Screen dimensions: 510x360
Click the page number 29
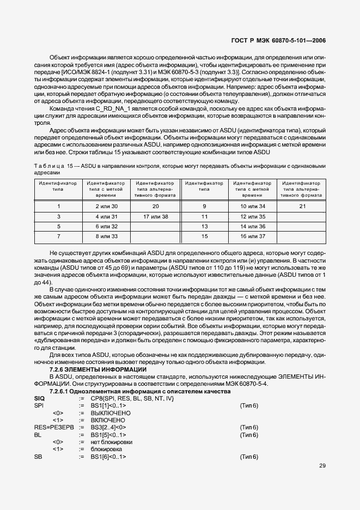pyautogui.click(x=322, y=466)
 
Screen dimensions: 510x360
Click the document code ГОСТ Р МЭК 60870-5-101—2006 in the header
pyautogui.click(x=279, y=40)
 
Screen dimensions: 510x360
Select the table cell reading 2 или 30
pyautogui.click(x=106, y=207)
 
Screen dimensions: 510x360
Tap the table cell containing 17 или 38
pyautogui.click(x=155, y=216)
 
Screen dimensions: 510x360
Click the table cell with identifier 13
pyautogui.click(x=205, y=226)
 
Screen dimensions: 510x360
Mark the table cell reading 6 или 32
pyautogui.click(x=106, y=226)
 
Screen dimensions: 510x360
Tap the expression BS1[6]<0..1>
pyautogui.click(x=108, y=456)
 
